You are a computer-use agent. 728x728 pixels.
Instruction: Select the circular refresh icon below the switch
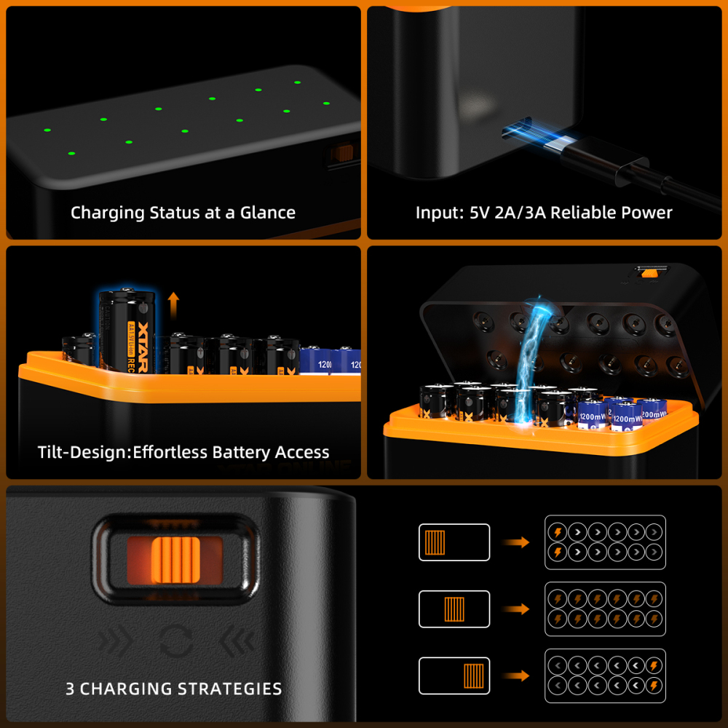point(177,641)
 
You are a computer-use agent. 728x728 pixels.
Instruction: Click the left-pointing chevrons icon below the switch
point(237,641)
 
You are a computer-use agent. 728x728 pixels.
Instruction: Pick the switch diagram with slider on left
point(454,542)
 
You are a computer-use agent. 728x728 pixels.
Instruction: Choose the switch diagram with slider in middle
point(454,609)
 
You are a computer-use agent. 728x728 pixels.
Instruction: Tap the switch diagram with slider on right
point(454,676)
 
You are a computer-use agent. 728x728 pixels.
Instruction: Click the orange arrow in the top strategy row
point(518,542)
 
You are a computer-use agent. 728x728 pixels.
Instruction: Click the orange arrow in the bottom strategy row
point(518,676)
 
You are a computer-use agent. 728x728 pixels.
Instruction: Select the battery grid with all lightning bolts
point(605,609)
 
